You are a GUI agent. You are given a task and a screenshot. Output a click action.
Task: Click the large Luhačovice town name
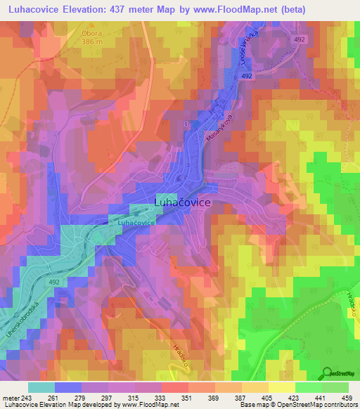(x=181, y=202)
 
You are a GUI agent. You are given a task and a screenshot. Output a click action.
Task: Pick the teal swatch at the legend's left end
(x=41, y=387)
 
